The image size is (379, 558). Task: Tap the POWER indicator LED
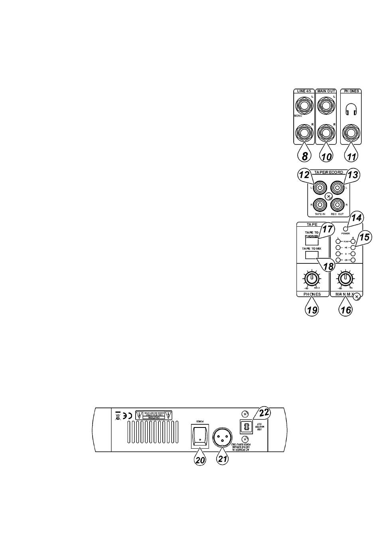click(x=345, y=228)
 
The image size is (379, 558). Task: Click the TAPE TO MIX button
click(x=312, y=255)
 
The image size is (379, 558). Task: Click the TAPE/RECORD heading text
click(x=329, y=172)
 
